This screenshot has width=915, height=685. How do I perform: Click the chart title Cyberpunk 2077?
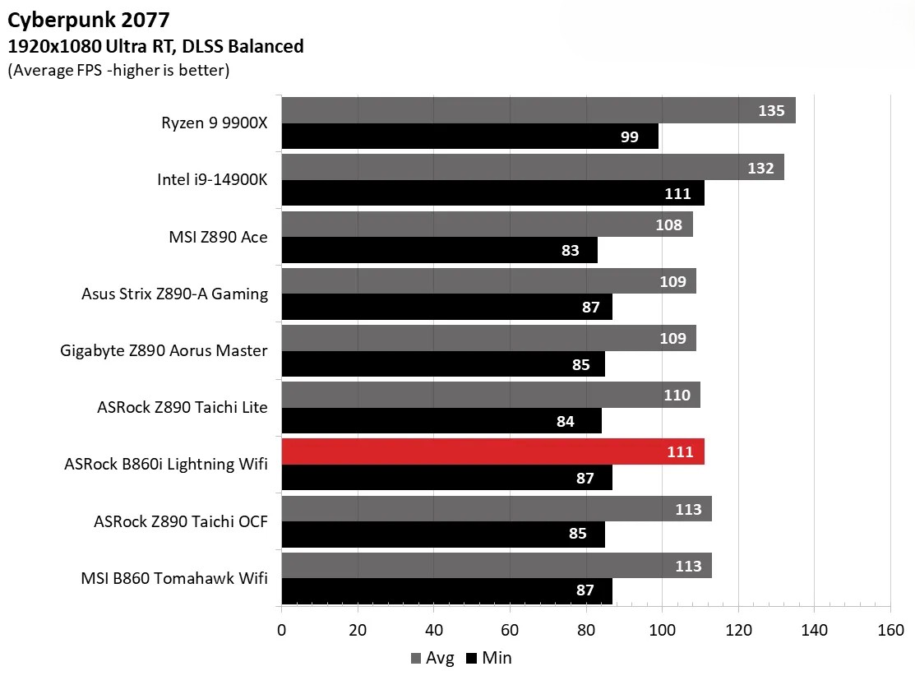pos(78,17)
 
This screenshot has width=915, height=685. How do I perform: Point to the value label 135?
pos(770,111)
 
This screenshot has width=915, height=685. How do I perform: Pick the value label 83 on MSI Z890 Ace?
pos(570,251)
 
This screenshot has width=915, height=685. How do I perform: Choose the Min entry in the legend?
pos(489,658)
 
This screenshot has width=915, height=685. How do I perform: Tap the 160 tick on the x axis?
pos(890,630)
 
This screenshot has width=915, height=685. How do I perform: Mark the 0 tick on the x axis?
pos(282,630)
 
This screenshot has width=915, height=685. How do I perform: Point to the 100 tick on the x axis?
pos(662,630)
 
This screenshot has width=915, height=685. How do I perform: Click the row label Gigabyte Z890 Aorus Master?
pos(164,351)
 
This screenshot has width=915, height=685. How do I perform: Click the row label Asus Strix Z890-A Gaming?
pos(174,294)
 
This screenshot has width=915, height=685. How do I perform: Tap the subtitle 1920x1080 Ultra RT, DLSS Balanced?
pos(155,47)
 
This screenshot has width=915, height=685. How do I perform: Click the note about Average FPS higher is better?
pos(118,71)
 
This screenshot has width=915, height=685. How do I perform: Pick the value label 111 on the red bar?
pos(680,452)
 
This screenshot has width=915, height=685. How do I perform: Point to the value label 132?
pos(760,168)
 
